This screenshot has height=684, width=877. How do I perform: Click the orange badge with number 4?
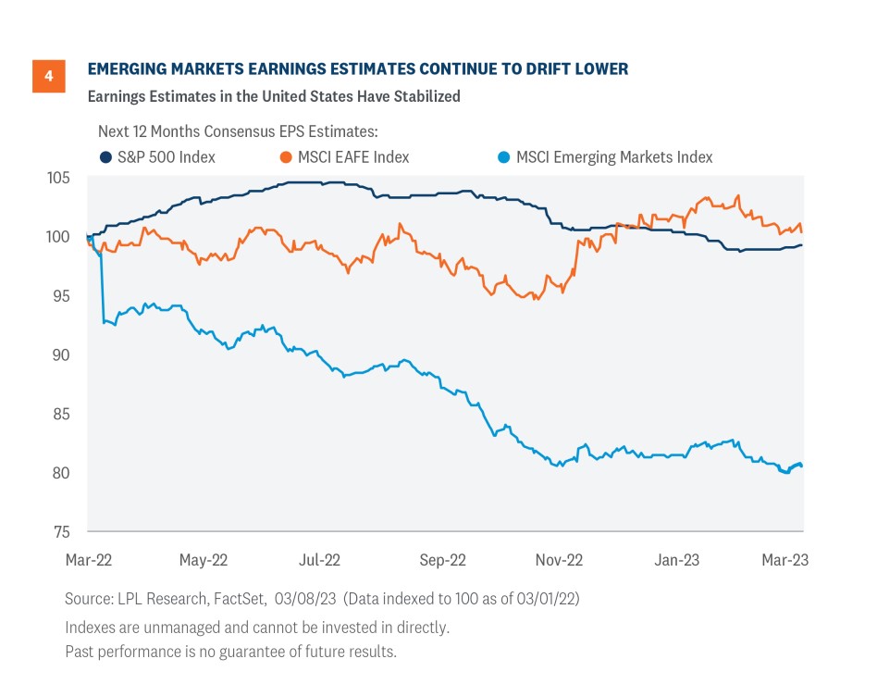[48, 76]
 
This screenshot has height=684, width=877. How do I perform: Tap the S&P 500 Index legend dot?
[105, 157]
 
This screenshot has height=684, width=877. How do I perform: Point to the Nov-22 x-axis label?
[560, 560]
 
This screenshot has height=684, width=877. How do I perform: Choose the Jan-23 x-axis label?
[677, 560]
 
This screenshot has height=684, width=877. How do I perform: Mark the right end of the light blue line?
[801, 466]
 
